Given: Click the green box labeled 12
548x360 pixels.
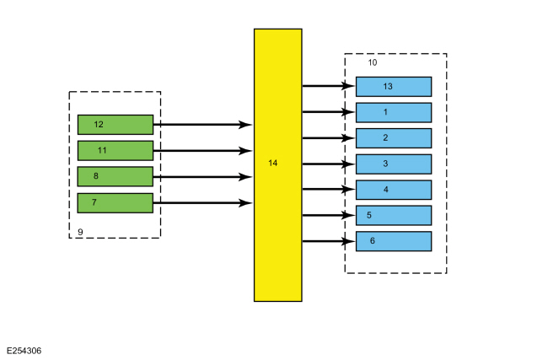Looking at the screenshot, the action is click(x=116, y=125).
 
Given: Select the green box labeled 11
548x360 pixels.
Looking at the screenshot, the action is click(x=116, y=151).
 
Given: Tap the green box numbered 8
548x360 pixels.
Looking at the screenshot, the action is click(x=116, y=176).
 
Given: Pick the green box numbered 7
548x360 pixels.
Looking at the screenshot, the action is click(x=116, y=202).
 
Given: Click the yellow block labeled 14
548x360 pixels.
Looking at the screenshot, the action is click(x=278, y=165).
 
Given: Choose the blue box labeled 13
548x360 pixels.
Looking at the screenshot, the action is click(x=394, y=87).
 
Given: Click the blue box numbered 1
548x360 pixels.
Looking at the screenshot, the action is click(x=394, y=112).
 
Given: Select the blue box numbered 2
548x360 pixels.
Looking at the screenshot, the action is click(x=394, y=138).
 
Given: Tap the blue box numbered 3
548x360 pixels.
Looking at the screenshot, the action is click(x=394, y=164).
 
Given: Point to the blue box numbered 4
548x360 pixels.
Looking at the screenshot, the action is click(x=394, y=190).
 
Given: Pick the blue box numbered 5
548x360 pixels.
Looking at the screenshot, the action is click(x=394, y=215).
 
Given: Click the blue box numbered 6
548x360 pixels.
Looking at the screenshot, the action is click(x=394, y=241).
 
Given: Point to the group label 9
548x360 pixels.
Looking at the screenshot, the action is click(x=80, y=232).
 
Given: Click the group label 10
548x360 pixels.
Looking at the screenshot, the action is click(x=373, y=62).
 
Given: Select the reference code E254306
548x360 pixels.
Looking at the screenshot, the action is click(x=24, y=351).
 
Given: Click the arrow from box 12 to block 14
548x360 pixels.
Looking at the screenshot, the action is click(x=202, y=125).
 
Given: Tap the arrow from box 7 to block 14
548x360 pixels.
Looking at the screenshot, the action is click(x=202, y=202).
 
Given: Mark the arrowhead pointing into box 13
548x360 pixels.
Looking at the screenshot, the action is click(x=349, y=86).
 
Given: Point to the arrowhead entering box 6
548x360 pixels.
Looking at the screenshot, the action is click(x=349, y=241).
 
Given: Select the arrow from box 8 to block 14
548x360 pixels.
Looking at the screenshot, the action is click(x=202, y=177).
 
